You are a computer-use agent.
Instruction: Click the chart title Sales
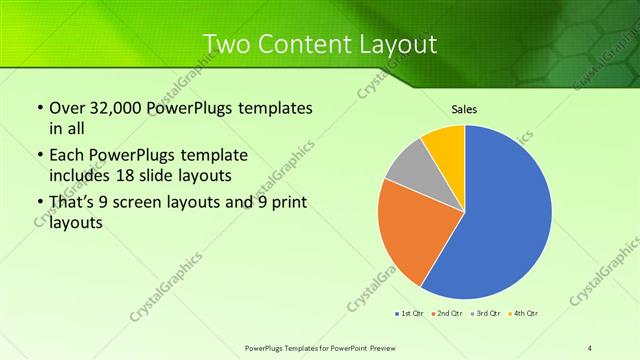click(x=464, y=108)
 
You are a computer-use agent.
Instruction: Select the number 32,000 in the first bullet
click(x=115, y=108)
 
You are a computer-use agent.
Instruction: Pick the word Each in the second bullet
click(x=66, y=156)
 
